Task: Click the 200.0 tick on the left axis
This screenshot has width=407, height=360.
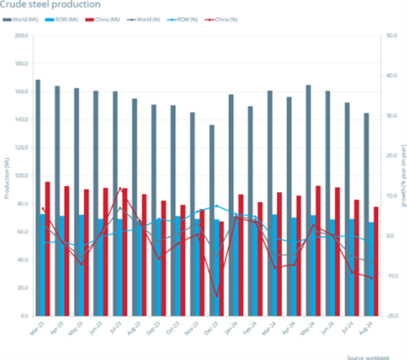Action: pos(21,36)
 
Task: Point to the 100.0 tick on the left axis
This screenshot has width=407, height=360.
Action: pos(21,176)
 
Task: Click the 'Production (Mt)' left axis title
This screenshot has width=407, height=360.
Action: pos(6,176)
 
